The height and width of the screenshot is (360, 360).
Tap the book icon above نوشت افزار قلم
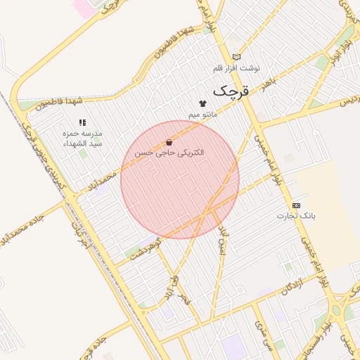236,57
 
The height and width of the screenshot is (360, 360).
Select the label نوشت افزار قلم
236,68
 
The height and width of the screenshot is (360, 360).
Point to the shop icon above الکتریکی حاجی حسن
169,142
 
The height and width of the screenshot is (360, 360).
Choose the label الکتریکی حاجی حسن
169,152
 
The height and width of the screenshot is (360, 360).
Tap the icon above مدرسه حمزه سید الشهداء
82,122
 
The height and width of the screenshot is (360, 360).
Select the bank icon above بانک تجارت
296,205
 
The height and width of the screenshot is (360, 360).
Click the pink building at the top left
83,8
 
